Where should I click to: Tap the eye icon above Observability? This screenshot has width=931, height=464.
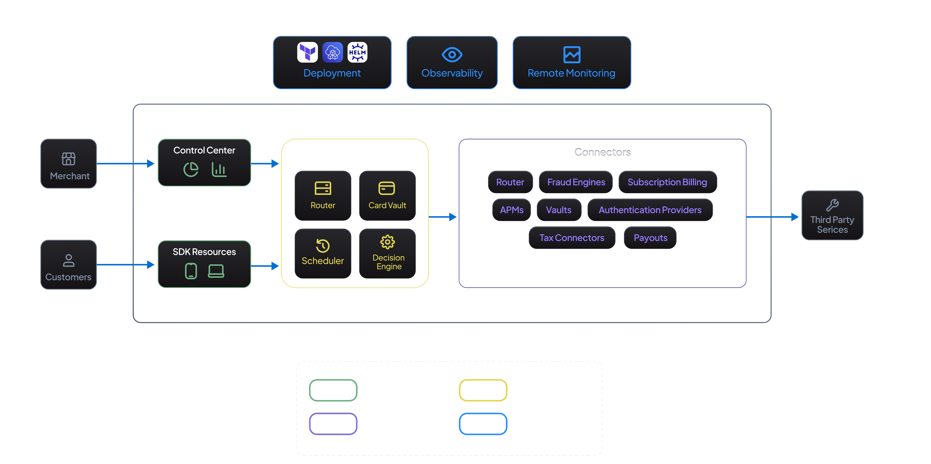(x=452, y=55)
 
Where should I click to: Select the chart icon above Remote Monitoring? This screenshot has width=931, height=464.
(x=572, y=55)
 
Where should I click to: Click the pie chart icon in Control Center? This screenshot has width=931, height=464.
(x=191, y=169)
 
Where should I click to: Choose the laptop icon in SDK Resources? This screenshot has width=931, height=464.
(x=216, y=271)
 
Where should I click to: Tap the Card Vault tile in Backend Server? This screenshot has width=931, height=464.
(x=387, y=195)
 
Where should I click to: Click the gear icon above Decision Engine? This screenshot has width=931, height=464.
(x=387, y=242)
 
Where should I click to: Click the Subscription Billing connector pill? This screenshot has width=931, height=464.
(x=667, y=182)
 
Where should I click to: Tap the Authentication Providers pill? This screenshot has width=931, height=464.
(x=650, y=210)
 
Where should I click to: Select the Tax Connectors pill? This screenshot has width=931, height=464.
(x=572, y=238)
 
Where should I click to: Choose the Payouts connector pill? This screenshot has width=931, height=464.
(x=650, y=238)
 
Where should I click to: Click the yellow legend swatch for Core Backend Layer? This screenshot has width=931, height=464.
(x=483, y=390)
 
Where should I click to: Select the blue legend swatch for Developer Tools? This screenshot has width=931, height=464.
(x=483, y=424)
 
